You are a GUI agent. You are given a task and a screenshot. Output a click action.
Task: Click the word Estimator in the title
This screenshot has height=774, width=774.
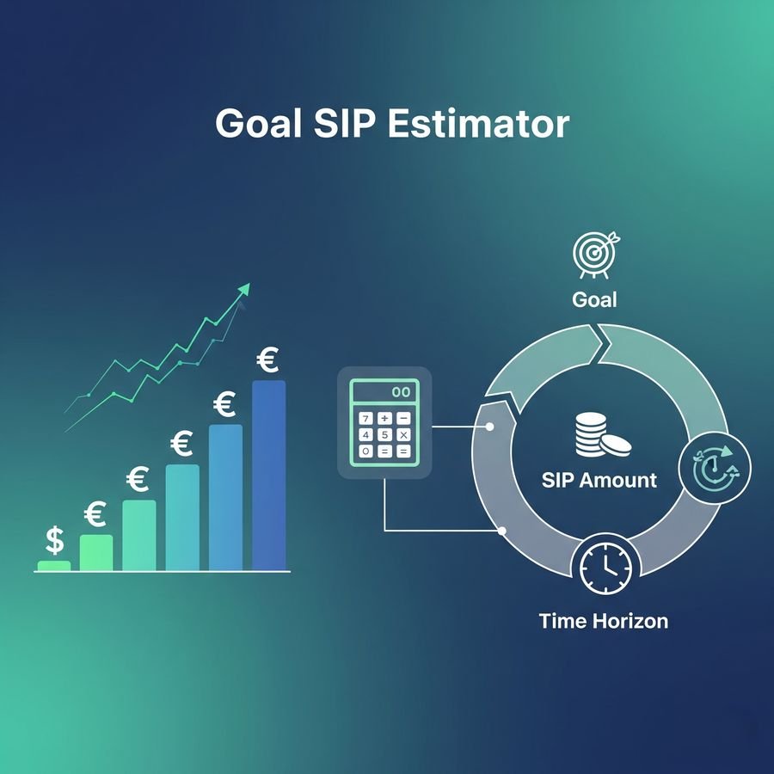coord(478,123)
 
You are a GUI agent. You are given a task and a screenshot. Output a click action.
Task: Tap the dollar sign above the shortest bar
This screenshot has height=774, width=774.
coord(54,540)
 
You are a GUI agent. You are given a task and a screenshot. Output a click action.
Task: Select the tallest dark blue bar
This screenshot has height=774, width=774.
coord(269,476)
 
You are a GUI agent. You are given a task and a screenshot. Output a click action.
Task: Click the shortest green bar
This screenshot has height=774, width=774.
coord(54,566)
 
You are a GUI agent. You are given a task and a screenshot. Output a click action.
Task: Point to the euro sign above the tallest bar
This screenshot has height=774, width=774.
coord(267,359)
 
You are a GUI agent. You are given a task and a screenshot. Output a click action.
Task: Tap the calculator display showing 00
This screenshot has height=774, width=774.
coord(384,392)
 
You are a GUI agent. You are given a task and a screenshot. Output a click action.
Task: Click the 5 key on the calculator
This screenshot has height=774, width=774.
coord(384,435)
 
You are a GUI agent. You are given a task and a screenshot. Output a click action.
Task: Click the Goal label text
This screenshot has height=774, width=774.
coord(594,299)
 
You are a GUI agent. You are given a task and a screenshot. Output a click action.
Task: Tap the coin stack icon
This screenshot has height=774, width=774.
coord(602,435)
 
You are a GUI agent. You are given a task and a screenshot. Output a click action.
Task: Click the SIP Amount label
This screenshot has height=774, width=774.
coord(599,480)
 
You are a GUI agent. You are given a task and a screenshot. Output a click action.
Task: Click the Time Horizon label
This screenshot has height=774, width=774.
coord(603,621)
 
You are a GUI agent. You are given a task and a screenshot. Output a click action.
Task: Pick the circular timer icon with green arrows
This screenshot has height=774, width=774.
coord(715,468)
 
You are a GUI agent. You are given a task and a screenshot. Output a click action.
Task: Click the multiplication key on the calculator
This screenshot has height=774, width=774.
coord(403,435)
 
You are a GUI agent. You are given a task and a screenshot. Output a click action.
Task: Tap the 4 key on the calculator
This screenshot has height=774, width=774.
coord(365,435)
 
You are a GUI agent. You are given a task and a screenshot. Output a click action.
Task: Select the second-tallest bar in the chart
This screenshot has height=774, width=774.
coord(225,498)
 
